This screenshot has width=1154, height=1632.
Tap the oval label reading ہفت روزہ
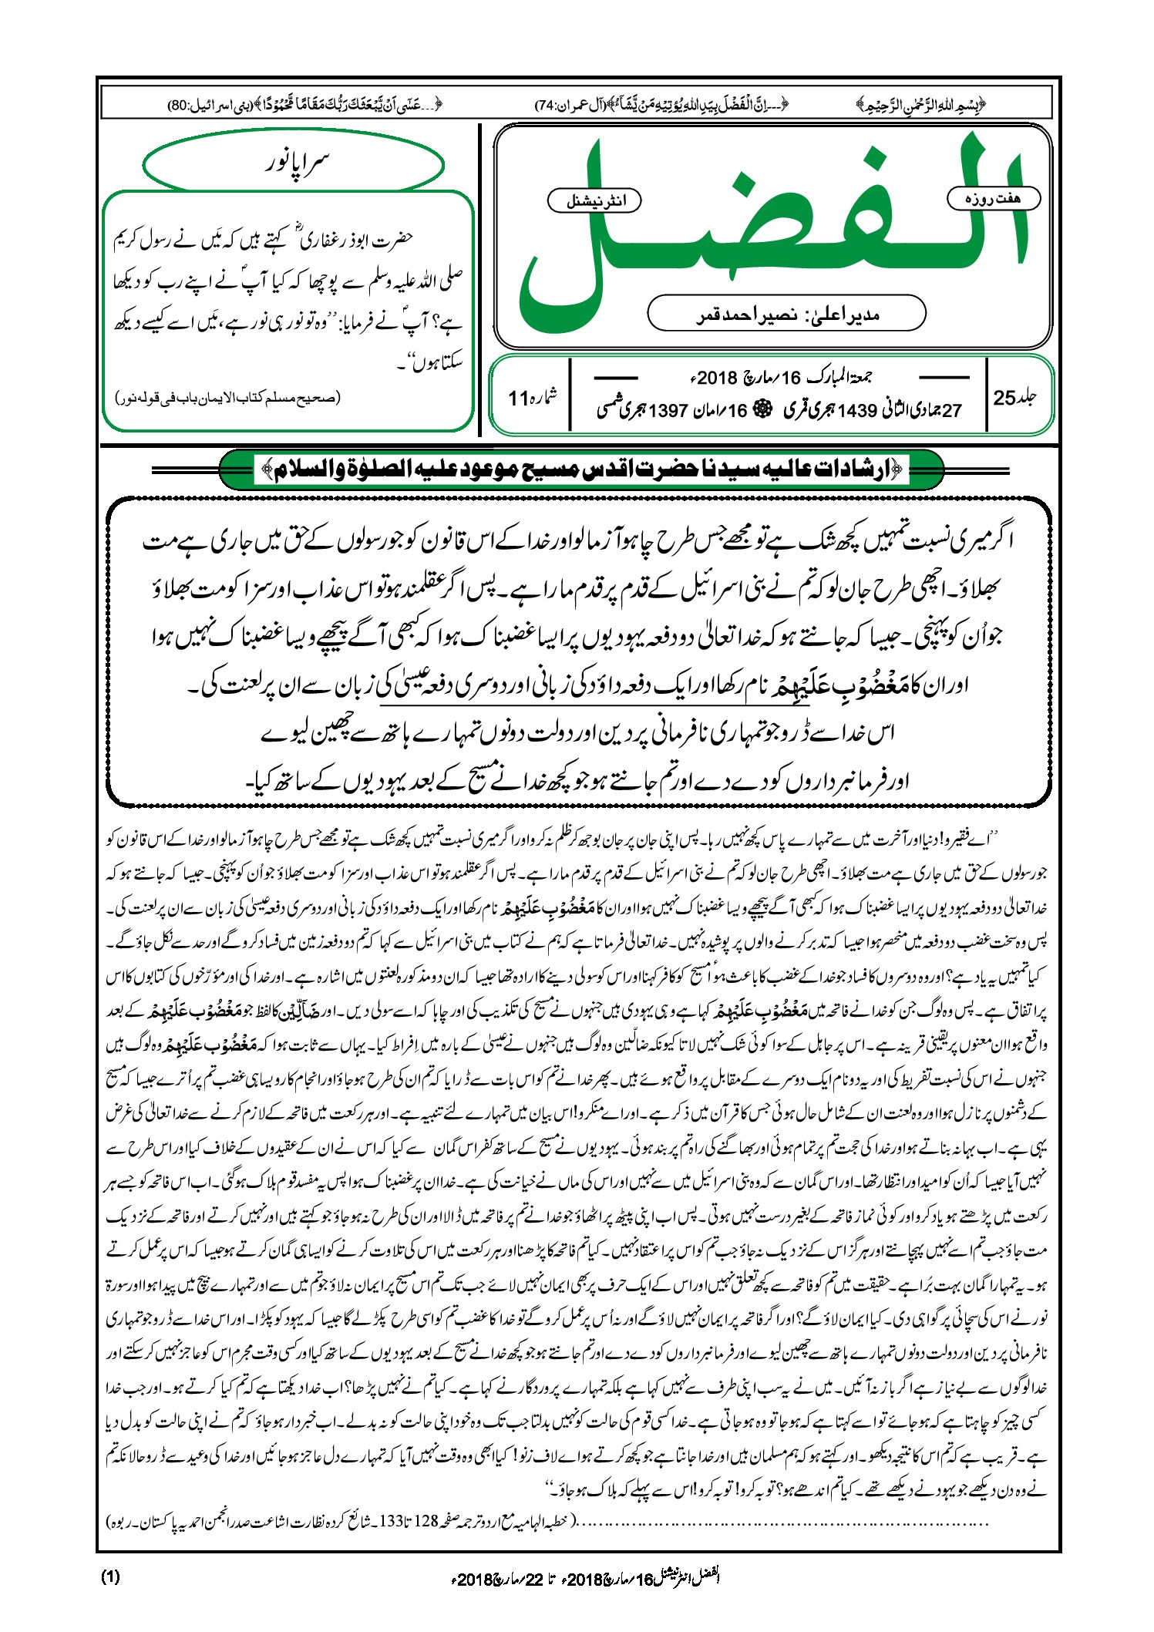click(993, 198)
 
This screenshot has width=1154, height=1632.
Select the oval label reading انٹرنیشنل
click(594, 201)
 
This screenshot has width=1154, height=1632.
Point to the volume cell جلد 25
click(1015, 398)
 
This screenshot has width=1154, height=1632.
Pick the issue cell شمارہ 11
click(533, 398)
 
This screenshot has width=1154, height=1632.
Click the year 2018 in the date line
click(717, 378)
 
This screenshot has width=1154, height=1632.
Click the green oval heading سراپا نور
click(294, 163)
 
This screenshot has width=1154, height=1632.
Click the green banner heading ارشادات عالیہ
click(582, 469)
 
